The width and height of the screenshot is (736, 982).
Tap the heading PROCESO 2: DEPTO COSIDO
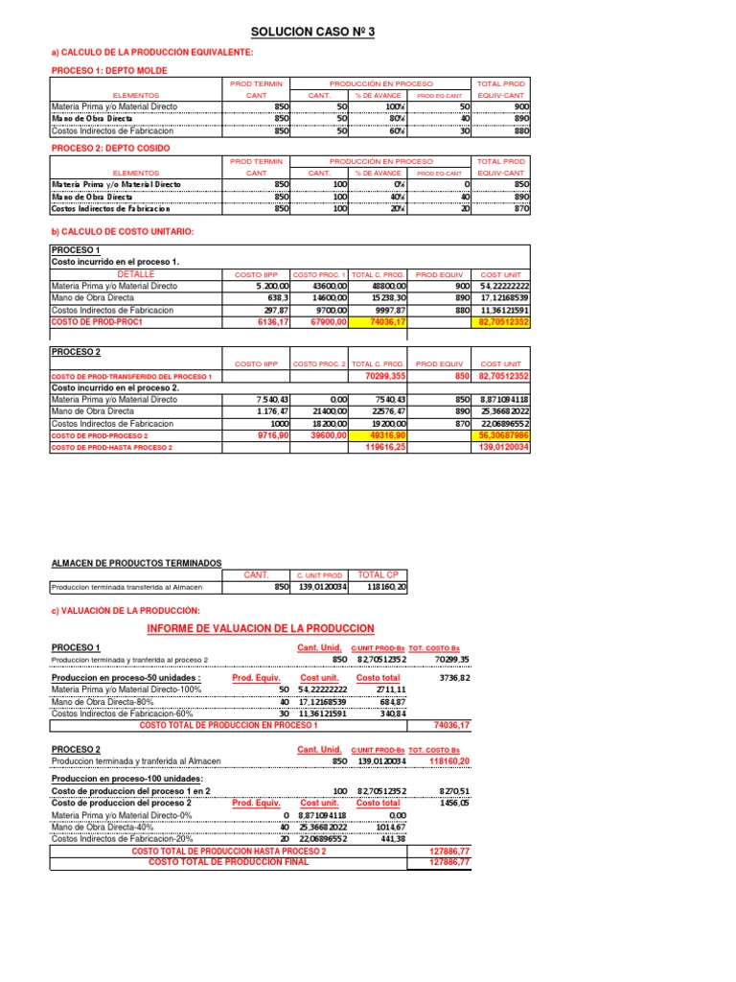point(109,148)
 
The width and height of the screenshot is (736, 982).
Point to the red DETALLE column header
point(136,274)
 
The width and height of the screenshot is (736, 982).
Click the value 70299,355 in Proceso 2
point(384,377)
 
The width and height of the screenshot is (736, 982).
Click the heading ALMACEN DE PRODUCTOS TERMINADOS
point(136,562)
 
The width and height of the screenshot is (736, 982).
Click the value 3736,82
point(455,678)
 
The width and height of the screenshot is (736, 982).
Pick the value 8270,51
point(455,791)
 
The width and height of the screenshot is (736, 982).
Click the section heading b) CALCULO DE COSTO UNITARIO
point(122,233)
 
